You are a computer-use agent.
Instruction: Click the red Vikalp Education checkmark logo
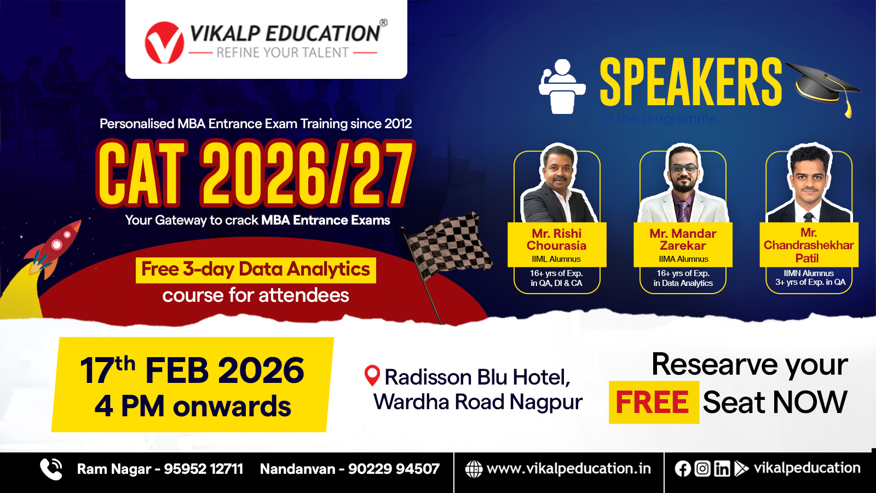point(164,42)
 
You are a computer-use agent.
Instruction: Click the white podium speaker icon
point(562,87)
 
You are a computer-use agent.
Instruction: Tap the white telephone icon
point(51,469)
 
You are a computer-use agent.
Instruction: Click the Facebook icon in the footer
point(682,469)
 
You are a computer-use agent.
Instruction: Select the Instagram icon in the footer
point(702,469)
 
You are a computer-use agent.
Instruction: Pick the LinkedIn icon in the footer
point(722,469)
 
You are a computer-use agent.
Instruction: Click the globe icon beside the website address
point(474,469)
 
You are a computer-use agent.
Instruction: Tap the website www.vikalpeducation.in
point(569,469)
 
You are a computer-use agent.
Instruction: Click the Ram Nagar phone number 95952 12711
point(203,469)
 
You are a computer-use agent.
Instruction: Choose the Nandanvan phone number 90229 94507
point(394,469)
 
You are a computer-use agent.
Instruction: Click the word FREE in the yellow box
point(652,403)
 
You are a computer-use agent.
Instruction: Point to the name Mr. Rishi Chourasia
point(556,239)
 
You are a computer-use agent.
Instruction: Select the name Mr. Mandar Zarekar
point(683,239)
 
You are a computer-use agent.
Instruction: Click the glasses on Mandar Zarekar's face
point(683,169)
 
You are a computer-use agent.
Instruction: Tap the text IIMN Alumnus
point(809,273)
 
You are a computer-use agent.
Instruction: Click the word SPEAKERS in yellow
point(690,82)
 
